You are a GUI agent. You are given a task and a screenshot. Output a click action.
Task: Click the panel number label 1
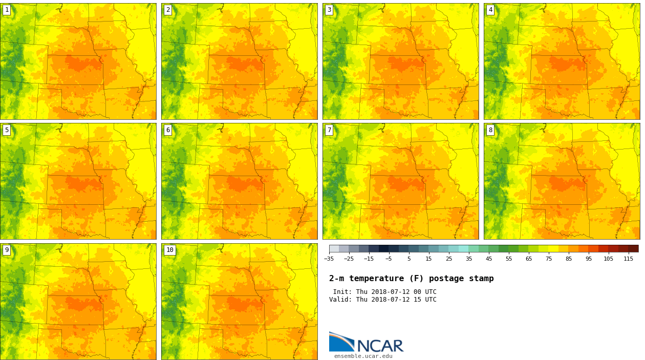[7, 10]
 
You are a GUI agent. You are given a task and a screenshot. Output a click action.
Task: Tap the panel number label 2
[168, 10]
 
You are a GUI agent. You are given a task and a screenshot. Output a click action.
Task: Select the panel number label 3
[329, 10]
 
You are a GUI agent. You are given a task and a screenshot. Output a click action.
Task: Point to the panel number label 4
[490, 10]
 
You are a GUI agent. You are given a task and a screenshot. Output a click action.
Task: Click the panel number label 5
[7, 130]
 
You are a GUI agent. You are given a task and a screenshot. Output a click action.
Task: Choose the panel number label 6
[168, 130]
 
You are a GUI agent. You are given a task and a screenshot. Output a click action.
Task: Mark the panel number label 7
[329, 130]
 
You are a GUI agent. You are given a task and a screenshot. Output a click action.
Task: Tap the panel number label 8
[490, 130]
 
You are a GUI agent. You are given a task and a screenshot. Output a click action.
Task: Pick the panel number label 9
[7, 250]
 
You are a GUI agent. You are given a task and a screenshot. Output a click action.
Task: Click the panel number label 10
[169, 250]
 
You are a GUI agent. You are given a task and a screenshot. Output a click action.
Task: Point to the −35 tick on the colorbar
[329, 259]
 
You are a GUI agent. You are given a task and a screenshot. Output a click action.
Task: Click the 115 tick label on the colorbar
[628, 259]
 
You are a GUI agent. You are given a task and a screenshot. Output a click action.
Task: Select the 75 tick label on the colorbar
[549, 259]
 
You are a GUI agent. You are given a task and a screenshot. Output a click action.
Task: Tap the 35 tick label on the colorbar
[469, 259]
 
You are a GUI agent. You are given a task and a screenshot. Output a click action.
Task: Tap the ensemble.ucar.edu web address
[363, 356]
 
